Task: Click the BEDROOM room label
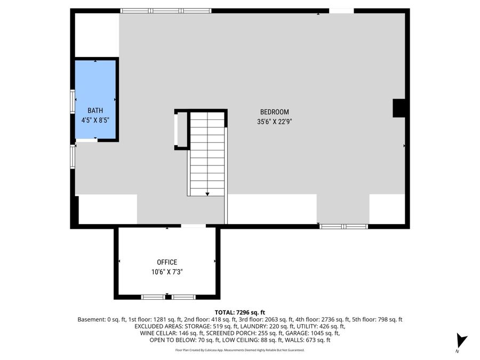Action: pyautogui.click(x=274, y=112)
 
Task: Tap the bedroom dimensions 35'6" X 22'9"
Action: pyautogui.click(x=274, y=121)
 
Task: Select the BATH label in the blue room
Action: pyautogui.click(x=95, y=110)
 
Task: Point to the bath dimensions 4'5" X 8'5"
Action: pyautogui.click(x=95, y=120)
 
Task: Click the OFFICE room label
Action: pyautogui.click(x=166, y=262)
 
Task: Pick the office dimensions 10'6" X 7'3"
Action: pyautogui.click(x=166, y=272)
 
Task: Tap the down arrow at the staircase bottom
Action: pyautogui.click(x=207, y=194)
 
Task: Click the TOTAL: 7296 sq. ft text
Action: pyautogui.click(x=239, y=313)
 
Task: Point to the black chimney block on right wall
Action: pyautogui.click(x=399, y=108)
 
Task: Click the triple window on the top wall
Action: pyautogui.click(x=166, y=11)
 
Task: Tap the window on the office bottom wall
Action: pyautogui.click(x=168, y=297)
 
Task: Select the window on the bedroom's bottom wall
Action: pyautogui.click(x=343, y=227)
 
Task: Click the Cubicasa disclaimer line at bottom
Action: pyautogui.click(x=239, y=350)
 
